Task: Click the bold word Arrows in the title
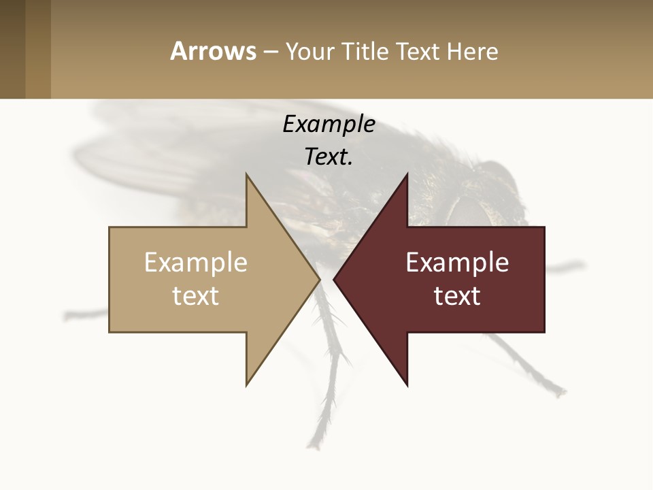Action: [x=214, y=51]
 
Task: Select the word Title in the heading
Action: [x=365, y=51]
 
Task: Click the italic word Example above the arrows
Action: [x=329, y=125]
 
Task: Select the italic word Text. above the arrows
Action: [x=329, y=157]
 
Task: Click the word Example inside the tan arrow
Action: [x=196, y=263]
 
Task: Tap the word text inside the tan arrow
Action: [x=196, y=296]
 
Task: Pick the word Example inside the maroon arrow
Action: [x=457, y=263]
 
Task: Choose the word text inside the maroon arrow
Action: [x=457, y=296]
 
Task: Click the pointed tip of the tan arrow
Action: [x=319, y=279]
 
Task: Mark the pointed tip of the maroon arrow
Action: [x=335, y=279]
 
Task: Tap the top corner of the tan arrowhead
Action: [x=247, y=175]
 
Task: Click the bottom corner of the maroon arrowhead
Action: [x=407, y=385]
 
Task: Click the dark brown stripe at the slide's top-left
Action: [x=12, y=49]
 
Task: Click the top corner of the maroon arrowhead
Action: [x=407, y=175]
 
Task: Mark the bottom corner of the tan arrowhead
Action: [x=247, y=385]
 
